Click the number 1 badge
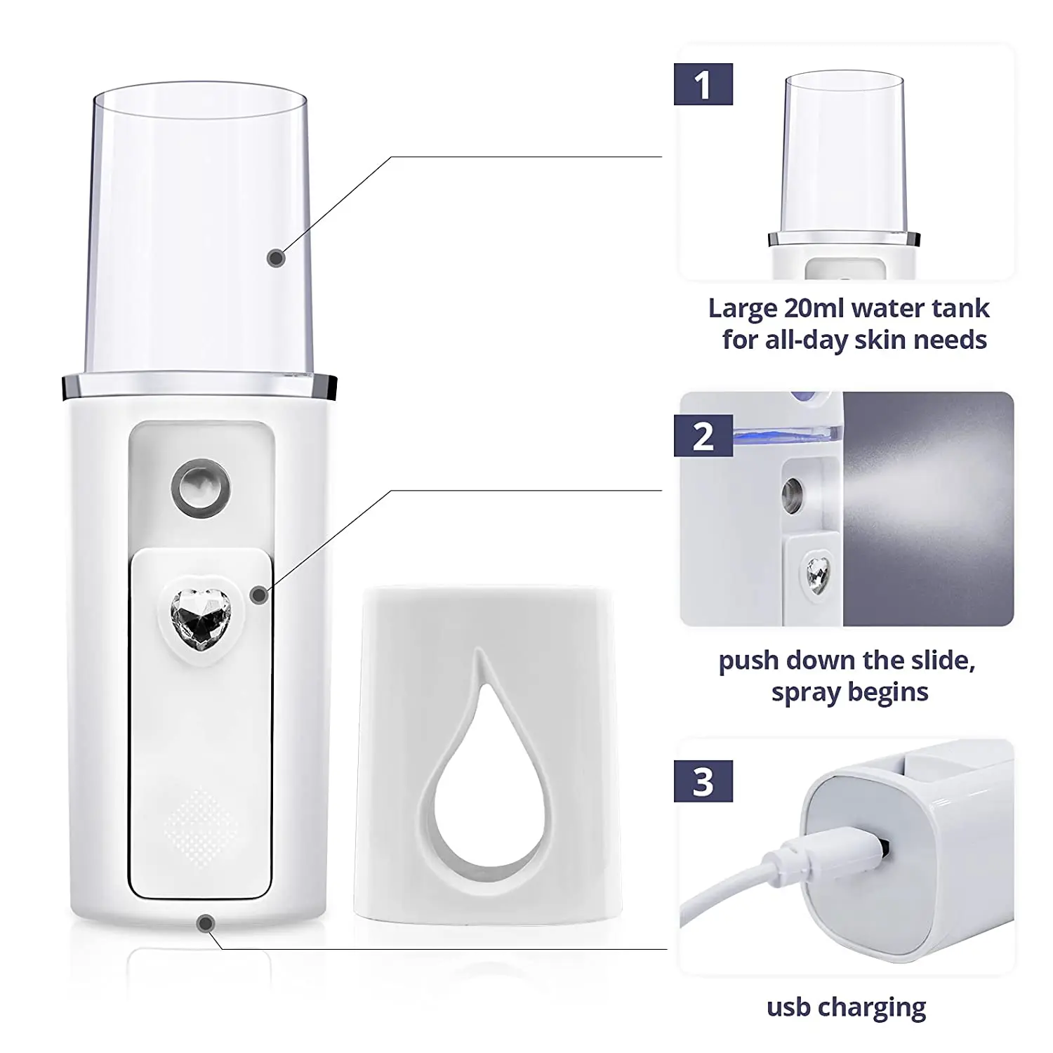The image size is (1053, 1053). (703, 84)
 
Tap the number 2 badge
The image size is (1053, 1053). (703, 436)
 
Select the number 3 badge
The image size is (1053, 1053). (703, 781)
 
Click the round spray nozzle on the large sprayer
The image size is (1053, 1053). (201, 486)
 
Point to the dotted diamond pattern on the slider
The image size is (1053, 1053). (201, 826)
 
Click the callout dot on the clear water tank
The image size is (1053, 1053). (277, 258)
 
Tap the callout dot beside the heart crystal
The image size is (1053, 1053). (259, 595)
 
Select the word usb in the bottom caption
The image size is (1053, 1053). (788, 1008)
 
